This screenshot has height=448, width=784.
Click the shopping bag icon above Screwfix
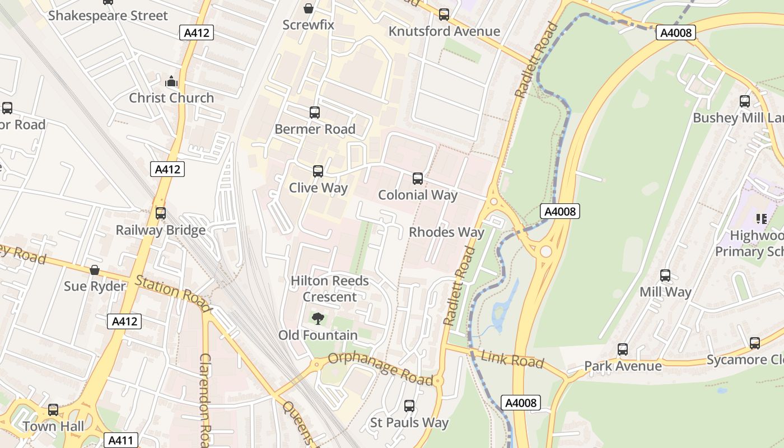[x=308, y=8]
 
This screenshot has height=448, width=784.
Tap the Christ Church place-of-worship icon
[x=171, y=82]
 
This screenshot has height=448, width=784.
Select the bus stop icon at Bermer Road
[x=315, y=113]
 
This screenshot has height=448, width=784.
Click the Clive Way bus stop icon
[x=318, y=171]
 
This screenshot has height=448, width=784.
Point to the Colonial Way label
[x=418, y=195]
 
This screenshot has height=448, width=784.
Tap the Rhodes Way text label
[x=446, y=232]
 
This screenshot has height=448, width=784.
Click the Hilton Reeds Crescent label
[x=330, y=288]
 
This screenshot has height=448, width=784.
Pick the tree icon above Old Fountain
[x=318, y=319]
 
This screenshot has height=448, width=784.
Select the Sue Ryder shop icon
[x=95, y=270]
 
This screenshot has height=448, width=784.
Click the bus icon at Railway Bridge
[x=161, y=213]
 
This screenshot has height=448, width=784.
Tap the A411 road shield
[x=121, y=440]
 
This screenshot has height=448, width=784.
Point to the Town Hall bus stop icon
[x=53, y=410]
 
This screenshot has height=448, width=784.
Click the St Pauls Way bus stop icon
[x=409, y=406]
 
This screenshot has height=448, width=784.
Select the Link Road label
[x=512, y=360]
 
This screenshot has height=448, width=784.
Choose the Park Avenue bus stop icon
[x=623, y=349]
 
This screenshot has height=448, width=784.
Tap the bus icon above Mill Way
[x=665, y=276]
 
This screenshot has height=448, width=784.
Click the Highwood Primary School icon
[x=761, y=218]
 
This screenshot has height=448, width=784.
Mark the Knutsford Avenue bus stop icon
[x=444, y=15]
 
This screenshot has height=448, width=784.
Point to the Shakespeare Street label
[x=108, y=16]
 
